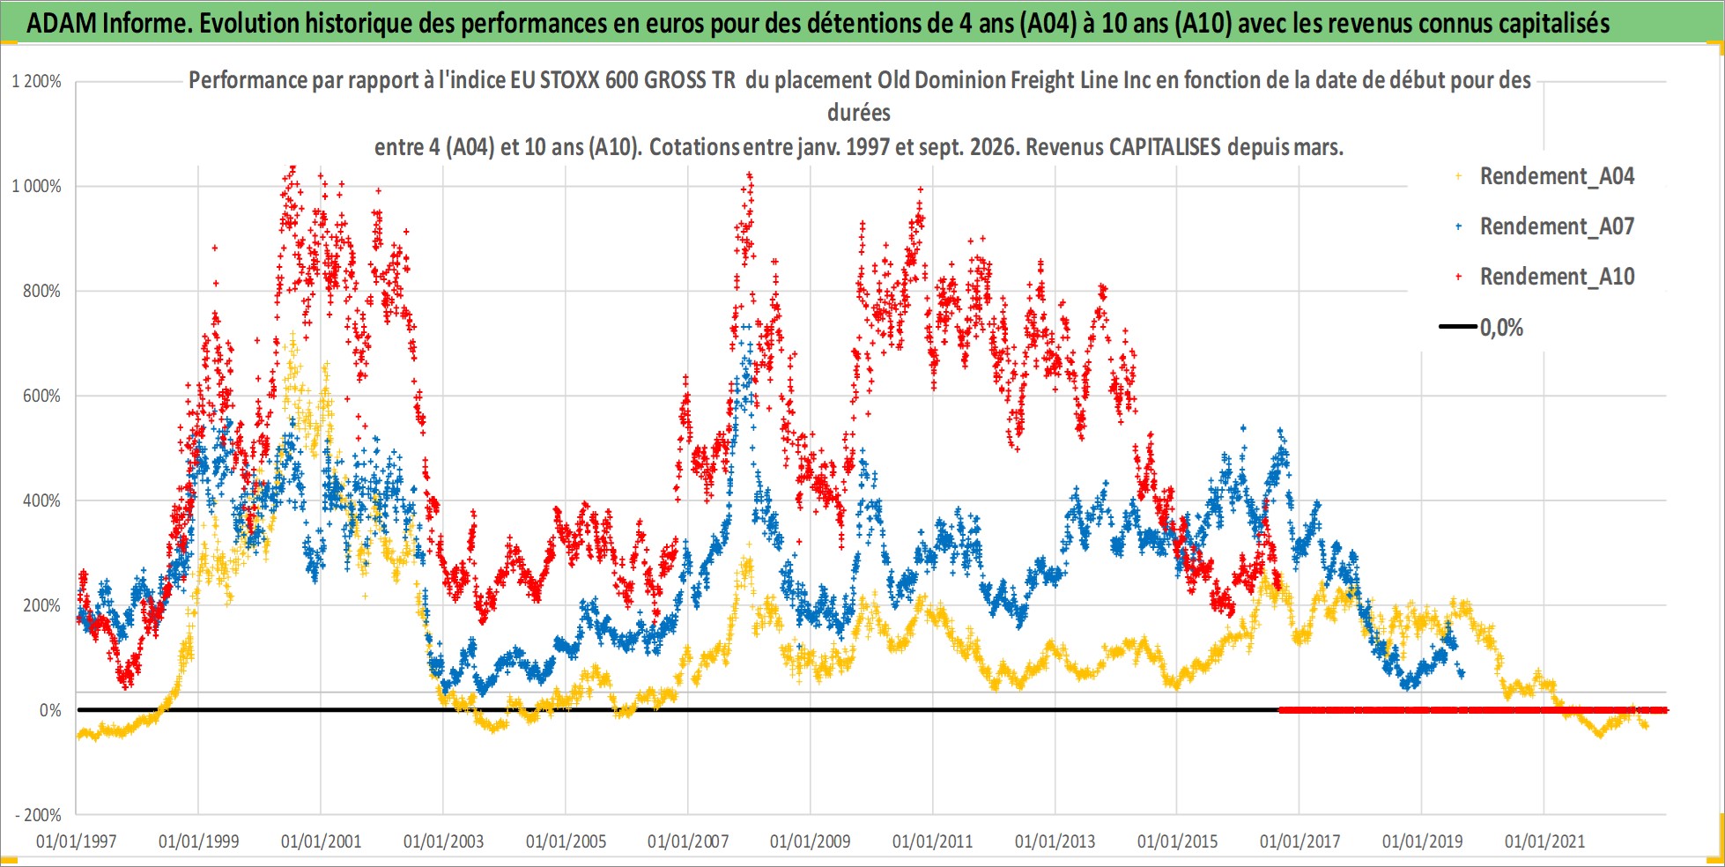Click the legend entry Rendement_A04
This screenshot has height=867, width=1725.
1557,176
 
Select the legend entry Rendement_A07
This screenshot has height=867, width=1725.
1557,226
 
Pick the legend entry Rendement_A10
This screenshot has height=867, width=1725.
1557,277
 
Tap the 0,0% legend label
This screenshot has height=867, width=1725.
1501,328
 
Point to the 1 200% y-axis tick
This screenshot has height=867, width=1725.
36,81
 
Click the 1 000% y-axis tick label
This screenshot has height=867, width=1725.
36,186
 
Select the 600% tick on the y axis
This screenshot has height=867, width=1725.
41,396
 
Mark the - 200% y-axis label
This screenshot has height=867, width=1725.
38,815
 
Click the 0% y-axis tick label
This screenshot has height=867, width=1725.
50,710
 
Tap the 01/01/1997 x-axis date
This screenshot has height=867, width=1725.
77,841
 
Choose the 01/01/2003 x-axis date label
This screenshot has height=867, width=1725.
443,841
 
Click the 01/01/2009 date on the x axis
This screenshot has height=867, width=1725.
811,841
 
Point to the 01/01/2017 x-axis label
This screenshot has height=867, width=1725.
1299,841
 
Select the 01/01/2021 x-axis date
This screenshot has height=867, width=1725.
1544,841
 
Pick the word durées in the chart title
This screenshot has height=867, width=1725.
859,113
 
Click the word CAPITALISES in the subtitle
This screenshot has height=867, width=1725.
1165,146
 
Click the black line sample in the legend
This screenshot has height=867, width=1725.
1458,327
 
